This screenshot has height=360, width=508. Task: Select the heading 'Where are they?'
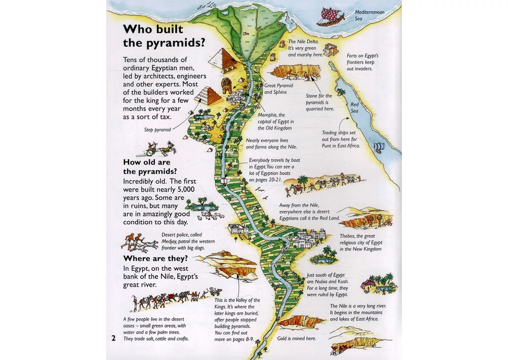[155, 258]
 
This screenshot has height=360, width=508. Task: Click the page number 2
[114, 338]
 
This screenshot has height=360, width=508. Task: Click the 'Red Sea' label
[354, 108]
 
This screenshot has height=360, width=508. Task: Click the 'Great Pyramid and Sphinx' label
[278, 89]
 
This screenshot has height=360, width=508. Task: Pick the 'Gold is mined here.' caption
[297, 338]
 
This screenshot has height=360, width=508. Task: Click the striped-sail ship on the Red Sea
[378, 146]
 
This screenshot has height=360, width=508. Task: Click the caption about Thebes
[361, 243]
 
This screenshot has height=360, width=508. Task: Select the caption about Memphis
[275, 122]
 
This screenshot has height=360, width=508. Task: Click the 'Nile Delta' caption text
[302, 48]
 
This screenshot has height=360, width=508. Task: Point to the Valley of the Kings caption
[237, 319]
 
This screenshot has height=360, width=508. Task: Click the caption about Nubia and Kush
[327, 285]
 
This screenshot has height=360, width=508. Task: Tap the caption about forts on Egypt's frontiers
[363, 62]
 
